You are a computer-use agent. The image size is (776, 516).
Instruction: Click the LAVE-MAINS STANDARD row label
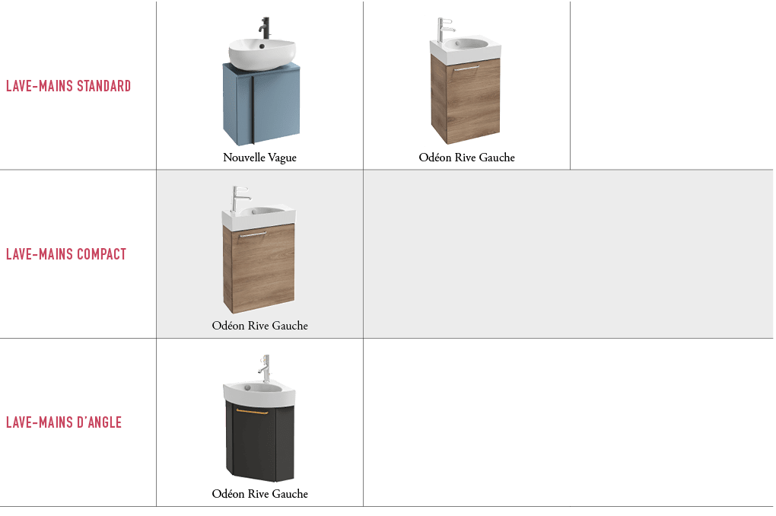click(x=68, y=86)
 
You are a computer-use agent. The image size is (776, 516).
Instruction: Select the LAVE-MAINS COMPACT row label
click(x=66, y=254)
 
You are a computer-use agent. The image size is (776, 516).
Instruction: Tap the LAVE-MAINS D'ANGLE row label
click(x=64, y=422)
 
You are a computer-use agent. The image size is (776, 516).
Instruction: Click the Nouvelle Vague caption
click(x=260, y=158)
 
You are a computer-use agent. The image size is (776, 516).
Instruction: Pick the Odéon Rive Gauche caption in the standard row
click(x=466, y=158)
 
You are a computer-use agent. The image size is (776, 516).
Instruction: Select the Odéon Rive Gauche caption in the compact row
click(x=260, y=325)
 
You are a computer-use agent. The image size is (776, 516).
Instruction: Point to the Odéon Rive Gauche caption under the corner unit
click(x=260, y=494)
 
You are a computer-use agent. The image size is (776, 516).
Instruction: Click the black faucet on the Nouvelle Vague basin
click(x=265, y=27)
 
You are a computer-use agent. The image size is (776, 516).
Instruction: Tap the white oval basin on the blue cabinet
click(x=262, y=54)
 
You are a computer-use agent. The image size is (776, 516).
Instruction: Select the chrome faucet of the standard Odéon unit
click(x=444, y=29)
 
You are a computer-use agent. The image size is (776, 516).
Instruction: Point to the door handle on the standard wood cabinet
click(x=466, y=68)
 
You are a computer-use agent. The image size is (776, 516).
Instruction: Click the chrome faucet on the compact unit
click(x=240, y=199)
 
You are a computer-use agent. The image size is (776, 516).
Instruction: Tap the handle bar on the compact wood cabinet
click(x=253, y=234)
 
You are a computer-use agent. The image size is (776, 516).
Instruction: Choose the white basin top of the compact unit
click(x=259, y=218)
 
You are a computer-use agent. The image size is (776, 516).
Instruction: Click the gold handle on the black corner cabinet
click(x=252, y=411)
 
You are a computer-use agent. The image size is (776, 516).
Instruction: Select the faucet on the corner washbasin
click(x=265, y=368)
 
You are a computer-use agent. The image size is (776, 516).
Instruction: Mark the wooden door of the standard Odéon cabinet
click(x=472, y=100)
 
